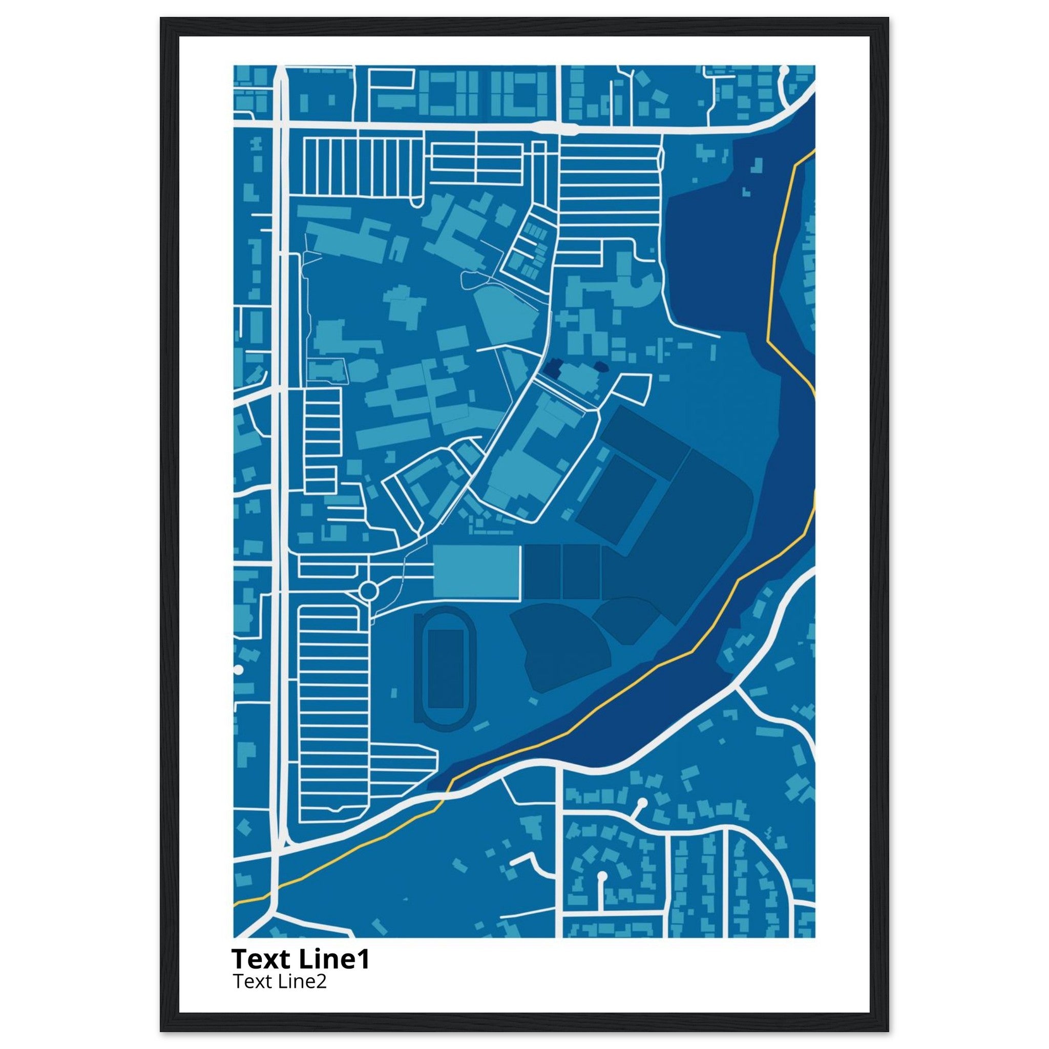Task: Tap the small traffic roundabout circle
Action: [369, 590]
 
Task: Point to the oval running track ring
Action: [417, 668]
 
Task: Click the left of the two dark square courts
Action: [542, 572]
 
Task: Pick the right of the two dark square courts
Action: [581, 572]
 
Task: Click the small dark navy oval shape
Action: [601, 367]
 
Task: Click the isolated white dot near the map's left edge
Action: [238, 670]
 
